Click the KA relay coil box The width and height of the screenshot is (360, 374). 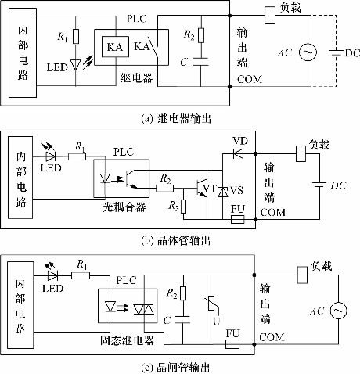(x=115, y=47)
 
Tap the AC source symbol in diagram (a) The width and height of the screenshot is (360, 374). (x=308, y=52)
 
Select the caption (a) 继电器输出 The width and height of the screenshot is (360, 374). (x=176, y=119)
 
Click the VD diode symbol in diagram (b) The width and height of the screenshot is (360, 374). (x=238, y=153)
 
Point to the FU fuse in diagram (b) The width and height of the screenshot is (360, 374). (x=238, y=219)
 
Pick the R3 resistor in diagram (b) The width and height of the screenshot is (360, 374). (x=183, y=207)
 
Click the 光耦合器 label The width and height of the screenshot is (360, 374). (x=124, y=207)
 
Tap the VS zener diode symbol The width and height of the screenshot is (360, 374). (x=222, y=192)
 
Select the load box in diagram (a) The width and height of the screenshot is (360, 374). (x=270, y=16)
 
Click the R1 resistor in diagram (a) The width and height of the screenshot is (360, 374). (x=76, y=37)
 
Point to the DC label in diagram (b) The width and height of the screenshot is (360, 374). (x=338, y=185)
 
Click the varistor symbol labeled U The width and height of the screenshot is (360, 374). (x=211, y=304)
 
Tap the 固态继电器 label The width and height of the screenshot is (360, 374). (x=128, y=340)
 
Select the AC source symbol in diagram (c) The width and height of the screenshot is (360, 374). (x=338, y=311)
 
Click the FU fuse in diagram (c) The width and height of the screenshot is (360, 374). (x=232, y=344)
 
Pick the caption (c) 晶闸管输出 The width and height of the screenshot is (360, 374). (x=175, y=368)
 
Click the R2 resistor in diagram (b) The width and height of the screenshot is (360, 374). (x=164, y=188)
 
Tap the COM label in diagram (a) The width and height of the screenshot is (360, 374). (x=250, y=79)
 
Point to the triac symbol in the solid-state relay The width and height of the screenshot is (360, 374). (x=143, y=310)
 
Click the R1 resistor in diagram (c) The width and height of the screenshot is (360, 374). (x=81, y=275)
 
